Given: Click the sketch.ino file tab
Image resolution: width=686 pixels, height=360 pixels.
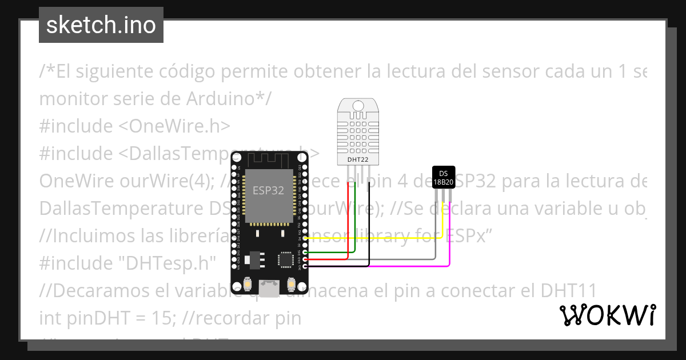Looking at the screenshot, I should coord(101,25).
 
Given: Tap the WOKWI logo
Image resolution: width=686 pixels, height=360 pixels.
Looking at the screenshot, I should coord(607,315).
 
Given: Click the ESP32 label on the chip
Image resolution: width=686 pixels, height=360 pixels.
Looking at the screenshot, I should coord(268,191).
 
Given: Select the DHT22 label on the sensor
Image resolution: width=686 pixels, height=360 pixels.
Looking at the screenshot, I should coord(358,160).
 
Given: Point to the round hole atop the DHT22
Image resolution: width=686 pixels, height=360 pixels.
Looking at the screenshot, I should coord(358,105).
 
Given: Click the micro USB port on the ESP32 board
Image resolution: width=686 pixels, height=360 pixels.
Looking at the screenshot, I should coord(269,287).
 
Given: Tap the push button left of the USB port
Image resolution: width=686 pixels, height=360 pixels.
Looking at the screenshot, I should coord(248,283).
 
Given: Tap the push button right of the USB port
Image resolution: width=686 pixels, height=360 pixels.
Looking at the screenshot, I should coord(290,283).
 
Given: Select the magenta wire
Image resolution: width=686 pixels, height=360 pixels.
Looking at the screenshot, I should coord(412,266).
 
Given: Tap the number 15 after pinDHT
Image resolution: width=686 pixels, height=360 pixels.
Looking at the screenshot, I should coord(160,318).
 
